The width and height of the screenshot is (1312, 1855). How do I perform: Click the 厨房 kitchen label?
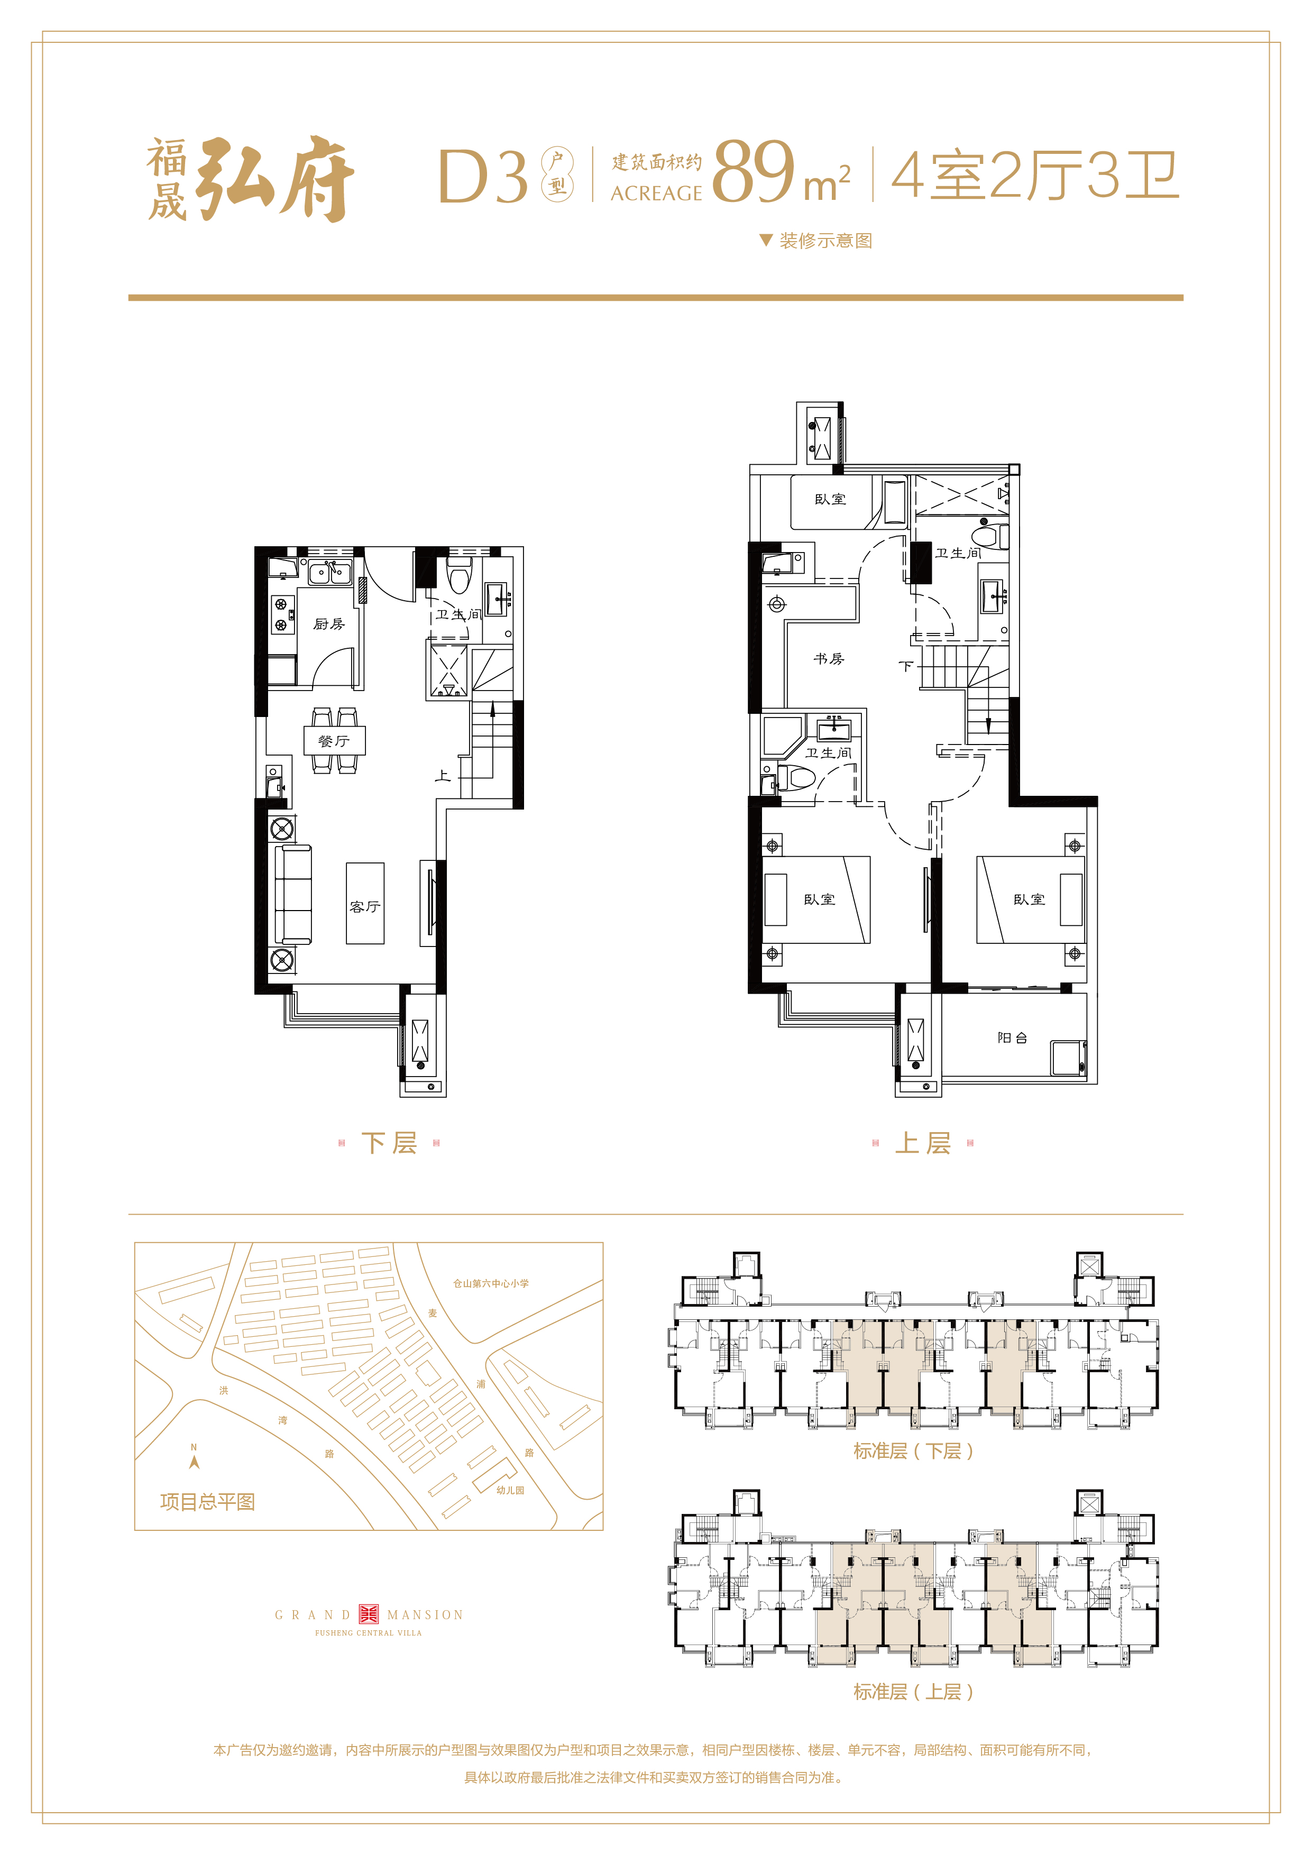click(x=329, y=624)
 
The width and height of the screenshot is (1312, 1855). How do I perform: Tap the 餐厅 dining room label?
click(x=334, y=741)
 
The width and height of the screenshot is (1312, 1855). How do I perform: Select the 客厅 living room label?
click(x=365, y=906)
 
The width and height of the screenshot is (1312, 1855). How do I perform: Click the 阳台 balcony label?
click(x=1012, y=1037)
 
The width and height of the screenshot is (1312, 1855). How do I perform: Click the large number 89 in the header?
click(x=753, y=172)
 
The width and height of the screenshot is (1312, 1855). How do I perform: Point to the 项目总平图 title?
click(x=208, y=1502)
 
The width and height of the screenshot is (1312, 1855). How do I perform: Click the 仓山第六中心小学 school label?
click(x=491, y=1283)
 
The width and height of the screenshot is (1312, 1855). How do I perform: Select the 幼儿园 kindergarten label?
click(x=511, y=1490)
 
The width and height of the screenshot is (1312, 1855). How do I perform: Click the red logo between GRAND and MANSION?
click(x=369, y=1614)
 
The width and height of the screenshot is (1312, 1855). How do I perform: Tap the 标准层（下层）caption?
click(x=914, y=1451)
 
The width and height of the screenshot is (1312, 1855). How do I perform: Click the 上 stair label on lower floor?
click(x=443, y=776)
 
